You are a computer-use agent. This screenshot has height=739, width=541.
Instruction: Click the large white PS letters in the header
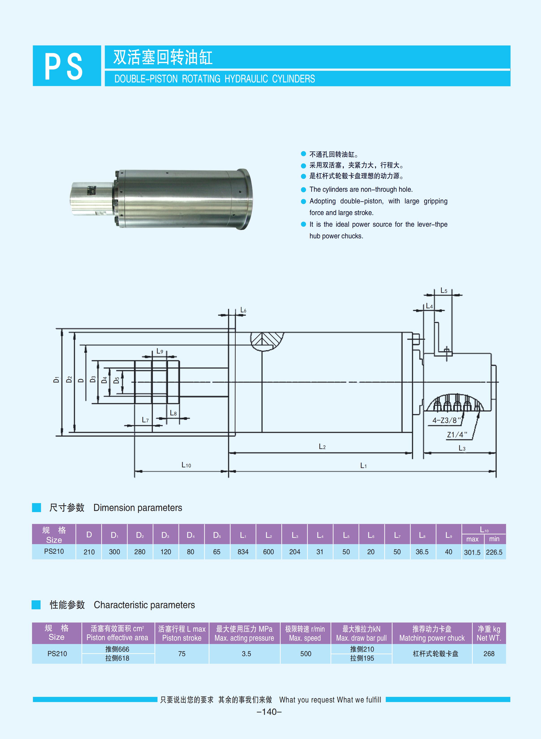click(64, 67)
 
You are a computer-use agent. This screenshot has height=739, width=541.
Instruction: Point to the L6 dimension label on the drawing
click(243, 310)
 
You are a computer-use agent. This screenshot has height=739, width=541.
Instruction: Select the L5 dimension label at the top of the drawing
click(443, 291)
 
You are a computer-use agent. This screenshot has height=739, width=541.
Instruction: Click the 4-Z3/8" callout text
click(446, 420)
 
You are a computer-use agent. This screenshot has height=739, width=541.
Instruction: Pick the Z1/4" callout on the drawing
click(457, 435)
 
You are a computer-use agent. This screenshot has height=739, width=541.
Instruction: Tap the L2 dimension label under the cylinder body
click(322, 447)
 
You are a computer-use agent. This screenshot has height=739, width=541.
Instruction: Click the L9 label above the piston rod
click(159, 351)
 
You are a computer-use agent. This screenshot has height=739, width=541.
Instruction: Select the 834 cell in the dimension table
click(243, 552)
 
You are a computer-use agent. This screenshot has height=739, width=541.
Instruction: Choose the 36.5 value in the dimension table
click(422, 552)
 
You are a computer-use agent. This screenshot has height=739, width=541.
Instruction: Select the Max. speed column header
click(305, 633)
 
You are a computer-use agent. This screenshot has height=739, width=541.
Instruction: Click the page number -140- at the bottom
click(269, 711)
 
